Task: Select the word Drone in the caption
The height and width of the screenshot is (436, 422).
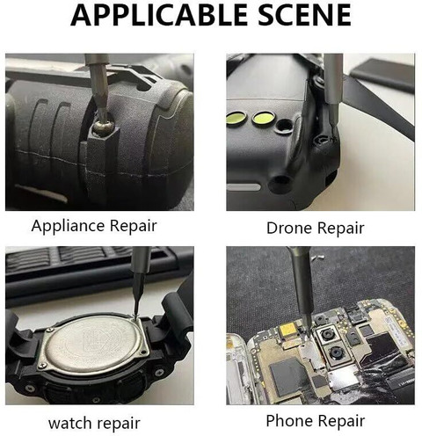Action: [287, 229]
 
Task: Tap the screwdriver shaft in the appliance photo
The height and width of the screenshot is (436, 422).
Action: [94, 88]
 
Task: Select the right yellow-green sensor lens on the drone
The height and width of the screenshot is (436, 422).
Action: [261, 119]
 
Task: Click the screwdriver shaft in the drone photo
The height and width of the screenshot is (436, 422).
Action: [332, 88]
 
